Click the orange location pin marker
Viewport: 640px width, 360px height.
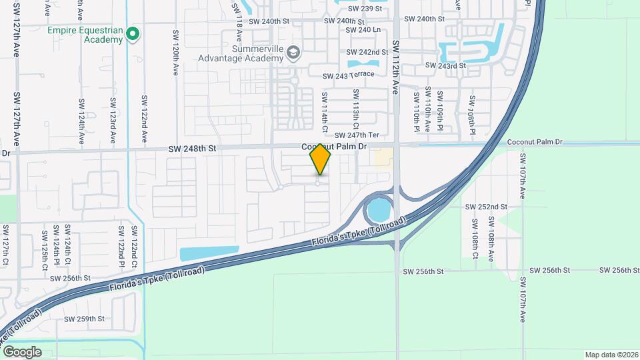320,160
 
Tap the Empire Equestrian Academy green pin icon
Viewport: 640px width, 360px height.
133,33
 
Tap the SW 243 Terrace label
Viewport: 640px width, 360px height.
347,76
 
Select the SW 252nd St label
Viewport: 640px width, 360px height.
487,207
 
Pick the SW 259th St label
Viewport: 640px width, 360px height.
85,319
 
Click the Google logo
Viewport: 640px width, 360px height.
22,351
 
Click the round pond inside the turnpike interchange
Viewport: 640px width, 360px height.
377,211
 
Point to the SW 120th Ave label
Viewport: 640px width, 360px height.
176,51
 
